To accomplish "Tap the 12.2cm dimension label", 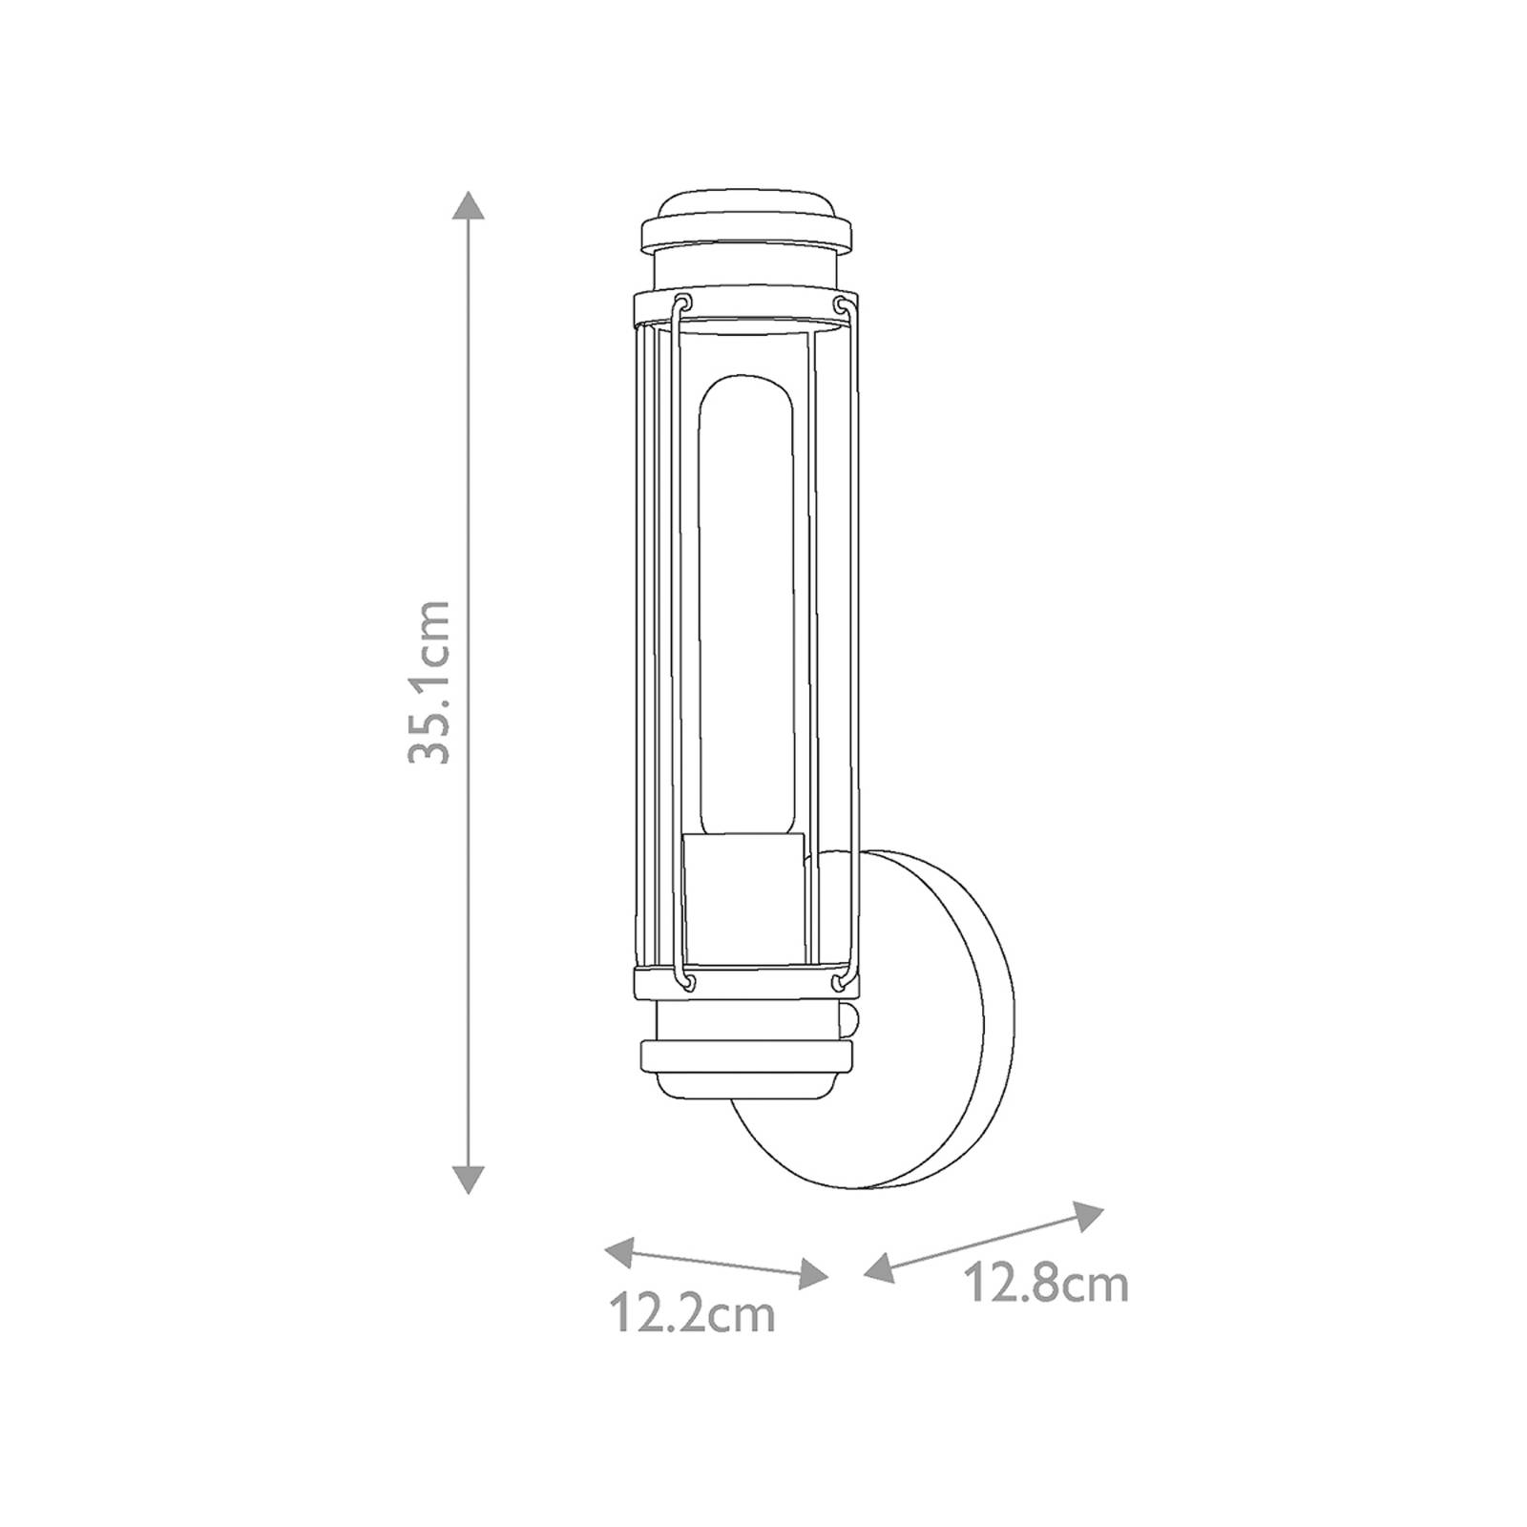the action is (692, 1314).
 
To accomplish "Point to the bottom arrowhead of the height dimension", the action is (467, 1180).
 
